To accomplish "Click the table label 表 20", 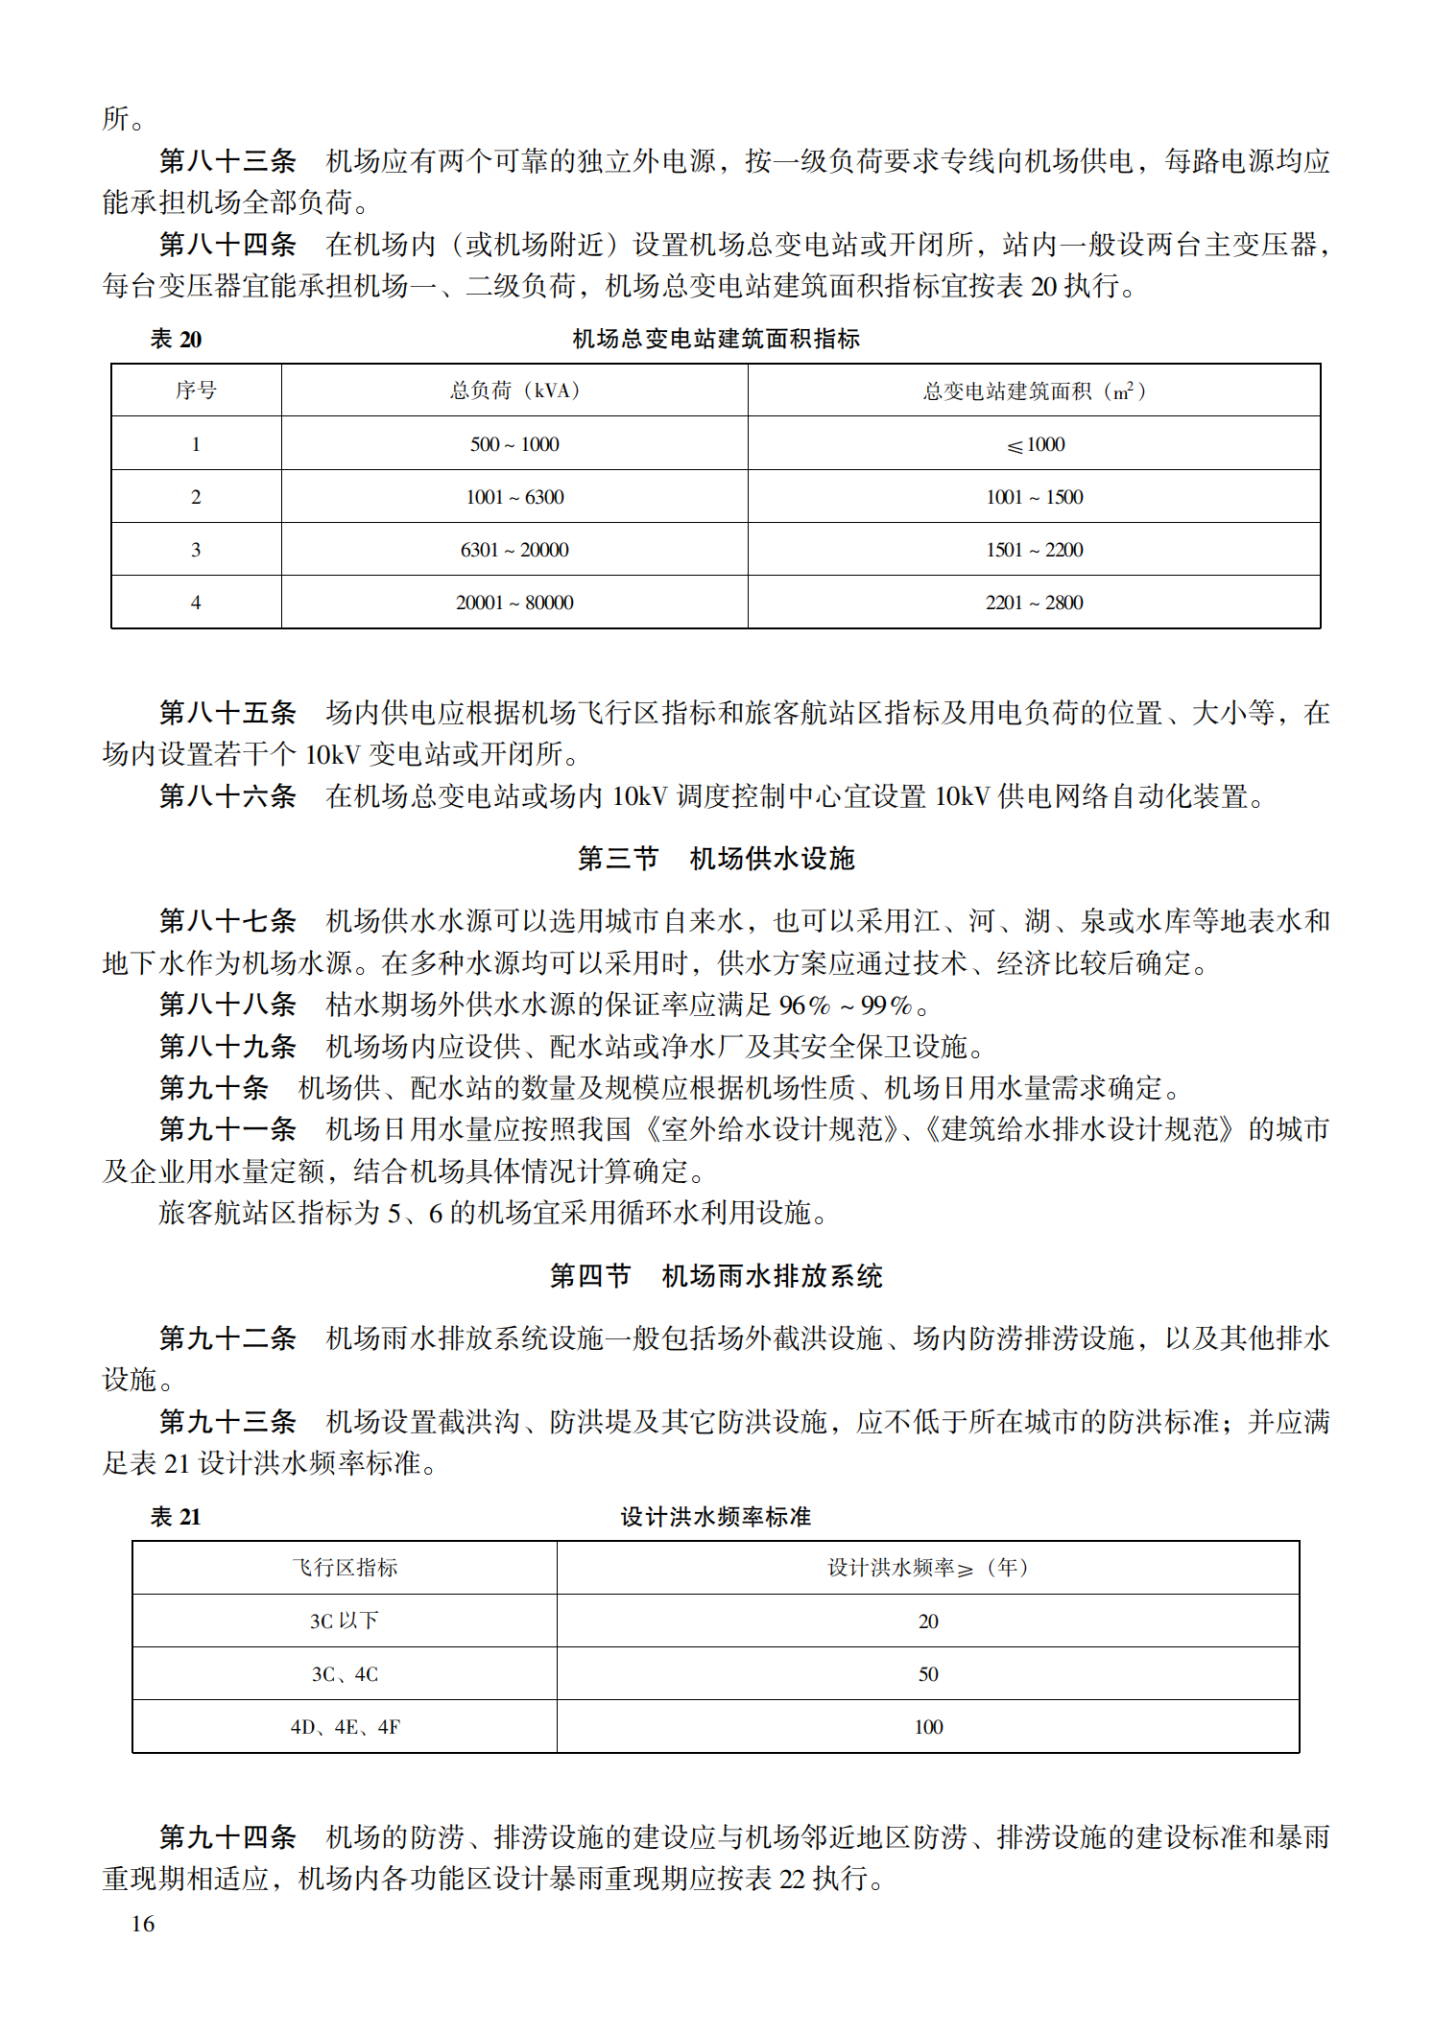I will pos(176,339).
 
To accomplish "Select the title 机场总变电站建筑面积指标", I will pos(715,339).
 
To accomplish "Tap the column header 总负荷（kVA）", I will pos(514,390).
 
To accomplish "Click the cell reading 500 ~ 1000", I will pos(514,444).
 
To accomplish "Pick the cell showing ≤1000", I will pos(1035,444).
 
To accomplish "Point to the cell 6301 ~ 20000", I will pos(514,550).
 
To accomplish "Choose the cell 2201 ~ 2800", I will pos(1035,603).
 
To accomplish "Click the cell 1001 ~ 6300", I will pos(514,497).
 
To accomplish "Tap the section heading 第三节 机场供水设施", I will pos(715,859).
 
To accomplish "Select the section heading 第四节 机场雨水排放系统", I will pos(715,1276).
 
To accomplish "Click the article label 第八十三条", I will pos(227,161).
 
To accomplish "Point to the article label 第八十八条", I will pos(227,1005).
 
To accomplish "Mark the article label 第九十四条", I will pos(227,1836).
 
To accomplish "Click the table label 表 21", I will pos(176,1517).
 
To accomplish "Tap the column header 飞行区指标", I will pos(345,1568).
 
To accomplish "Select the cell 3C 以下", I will pos(345,1621).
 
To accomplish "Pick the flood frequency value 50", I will pos(928,1674).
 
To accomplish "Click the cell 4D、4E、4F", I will pos(345,1727).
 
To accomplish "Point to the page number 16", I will pos(143,1924).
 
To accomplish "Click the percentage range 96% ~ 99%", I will pos(846,1005).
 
